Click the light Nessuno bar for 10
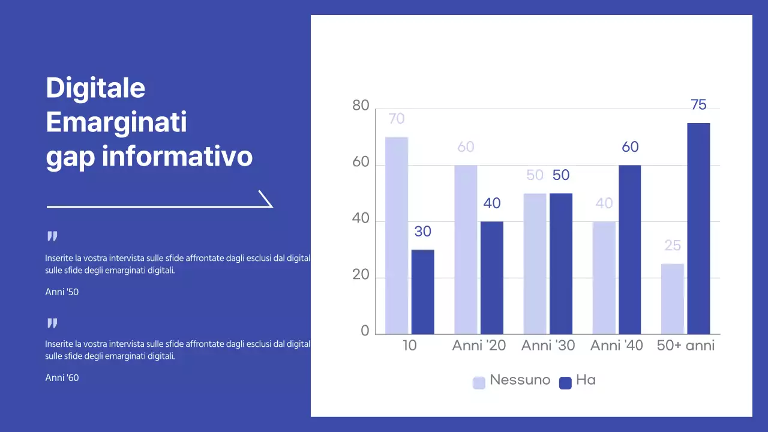pyautogui.click(x=397, y=235)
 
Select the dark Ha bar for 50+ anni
pyautogui.click(x=698, y=228)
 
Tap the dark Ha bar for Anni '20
pyautogui.click(x=492, y=277)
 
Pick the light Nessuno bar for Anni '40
pyautogui.click(x=604, y=277)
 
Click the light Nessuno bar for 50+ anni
pyautogui.click(x=673, y=298)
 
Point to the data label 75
pyautogui.click(x=698, y=105)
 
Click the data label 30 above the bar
pyautogui.click(x=422, y=232)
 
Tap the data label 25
pyautogui.click(x=673, y=245)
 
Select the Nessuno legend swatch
pyautogui.click(x=479, y=383)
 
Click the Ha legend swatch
pyautogui.click(x=565, y=383)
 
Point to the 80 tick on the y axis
pyautogui.click(x=361, y=106)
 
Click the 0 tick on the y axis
pyautogui.click(x=365, y=332)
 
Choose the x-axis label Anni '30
pyautogui.click(x=548, y=346)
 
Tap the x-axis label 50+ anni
pyautogui.click(x=686, y=346)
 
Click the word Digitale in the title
pyautogui.click(x=95, y=88)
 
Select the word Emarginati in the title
pyautogui.click(x=116, y=122)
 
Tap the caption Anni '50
pyautogui.click(x=62, y=292)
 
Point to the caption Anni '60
pyautogui.click(x=62, y=378)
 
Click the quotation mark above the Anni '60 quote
pyautogui.click(x=52, y=324)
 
